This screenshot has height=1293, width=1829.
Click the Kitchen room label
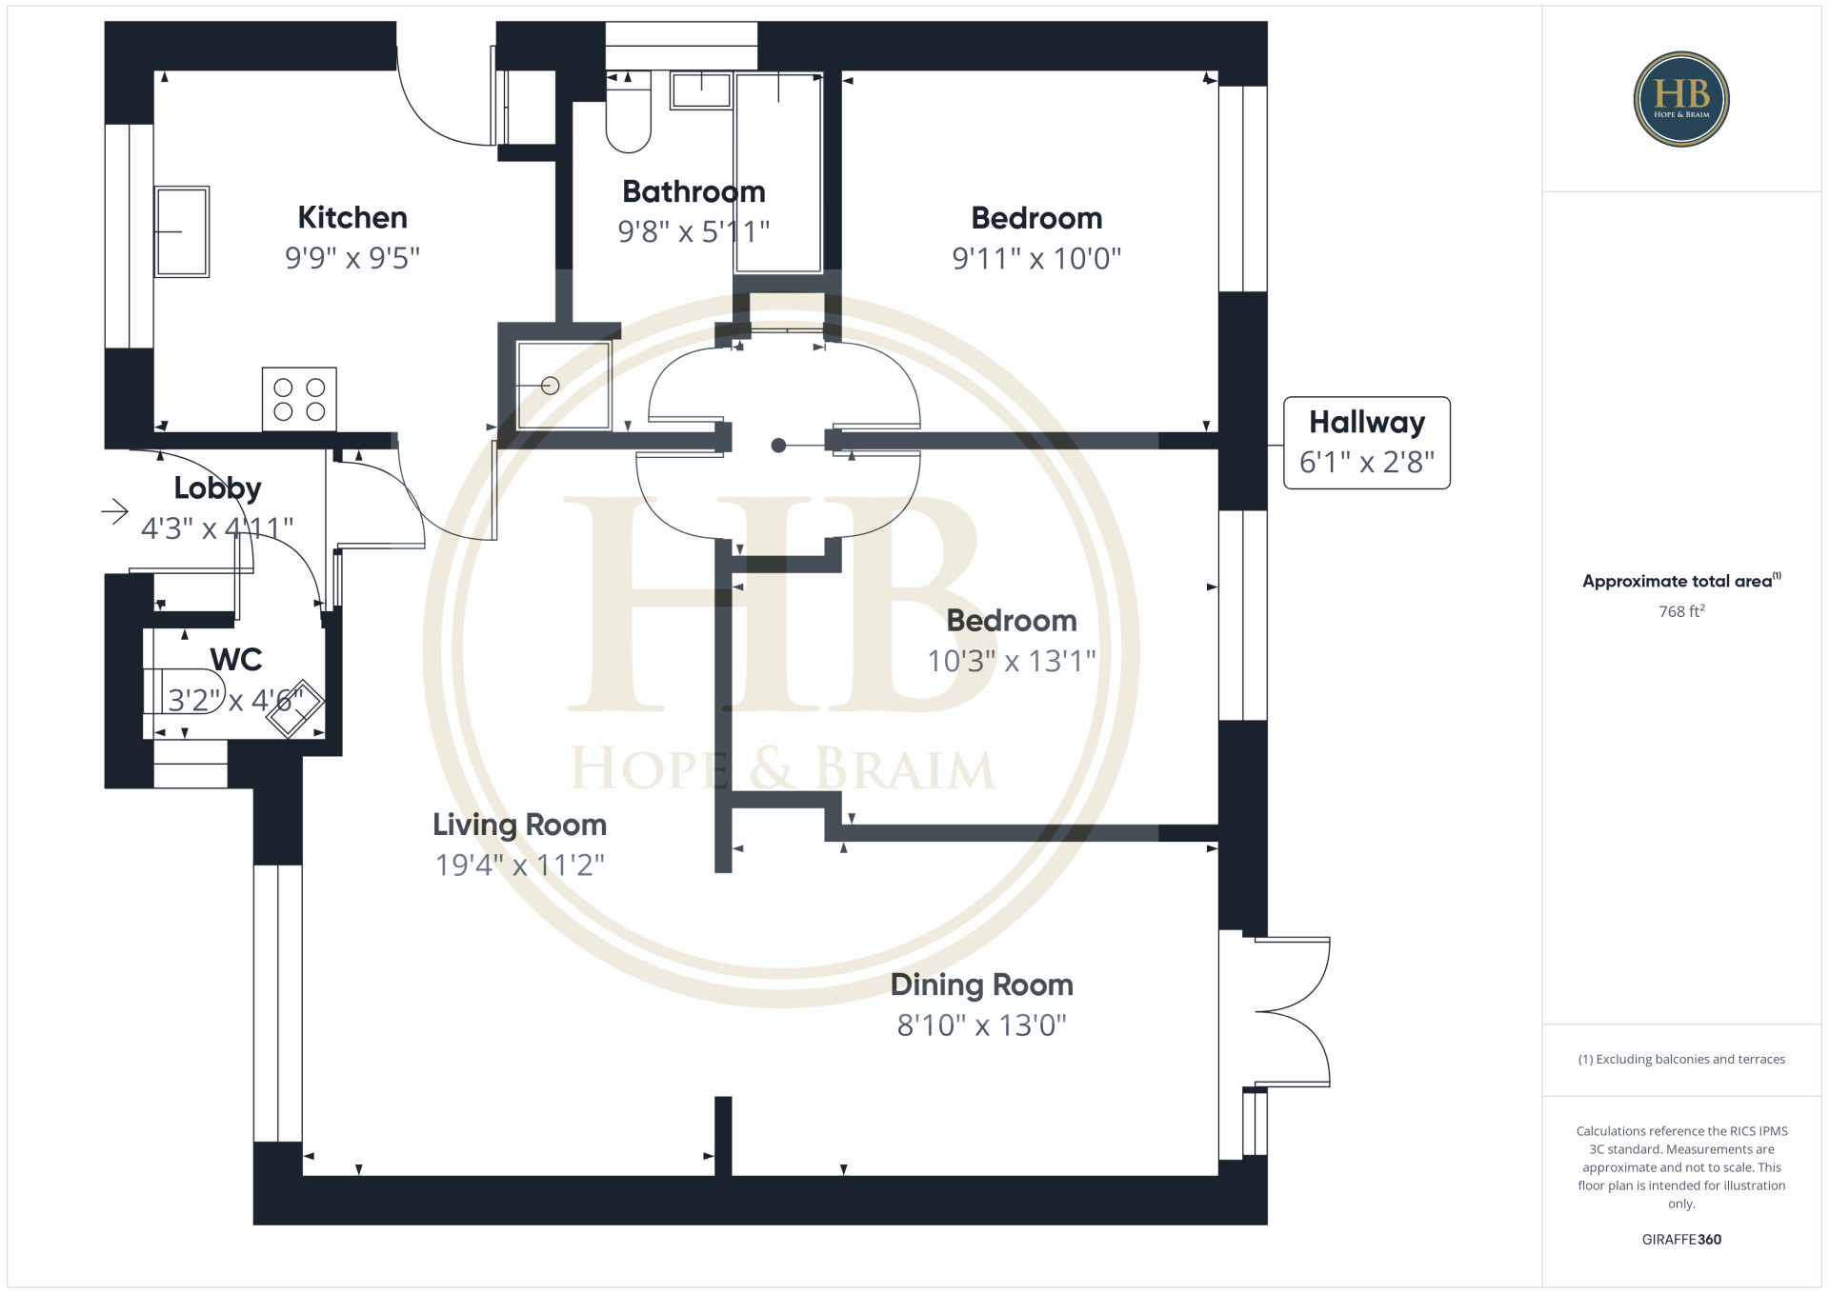click(x=352, y=217)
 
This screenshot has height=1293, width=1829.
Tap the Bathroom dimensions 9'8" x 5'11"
click(x=693, y=231)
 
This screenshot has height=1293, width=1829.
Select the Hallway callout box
click(x=1367, y=443)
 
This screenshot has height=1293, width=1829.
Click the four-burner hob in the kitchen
click(x=299, y=399)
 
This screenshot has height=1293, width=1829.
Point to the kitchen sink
click(x=182, y=231)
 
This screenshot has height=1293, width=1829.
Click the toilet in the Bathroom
click(x=628, y=111)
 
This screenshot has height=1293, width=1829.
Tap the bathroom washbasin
click(x=701, y=90)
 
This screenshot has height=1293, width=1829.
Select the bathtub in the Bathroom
click(x=778, y=171)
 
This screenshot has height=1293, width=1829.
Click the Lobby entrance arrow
click(x=114, y=512)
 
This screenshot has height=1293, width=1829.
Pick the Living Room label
click(x=519, y=825)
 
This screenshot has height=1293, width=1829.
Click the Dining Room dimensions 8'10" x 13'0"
click(x=982, y=1025)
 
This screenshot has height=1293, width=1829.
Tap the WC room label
click(x=236, y=659)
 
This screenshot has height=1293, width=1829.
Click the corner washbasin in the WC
click(x=294, y=708)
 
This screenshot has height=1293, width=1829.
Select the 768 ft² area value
click(x=1681, y=611)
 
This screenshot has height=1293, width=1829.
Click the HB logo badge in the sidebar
click(x=1681, y=99)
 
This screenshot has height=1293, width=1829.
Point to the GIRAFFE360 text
click(x=1681, y=1240)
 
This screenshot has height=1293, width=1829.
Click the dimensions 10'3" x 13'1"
click(x=1012, y=661)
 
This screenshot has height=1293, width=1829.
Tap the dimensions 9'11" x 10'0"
click(x=1036, y=258)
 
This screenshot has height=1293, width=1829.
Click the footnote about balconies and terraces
click(x=1681, y=1059)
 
